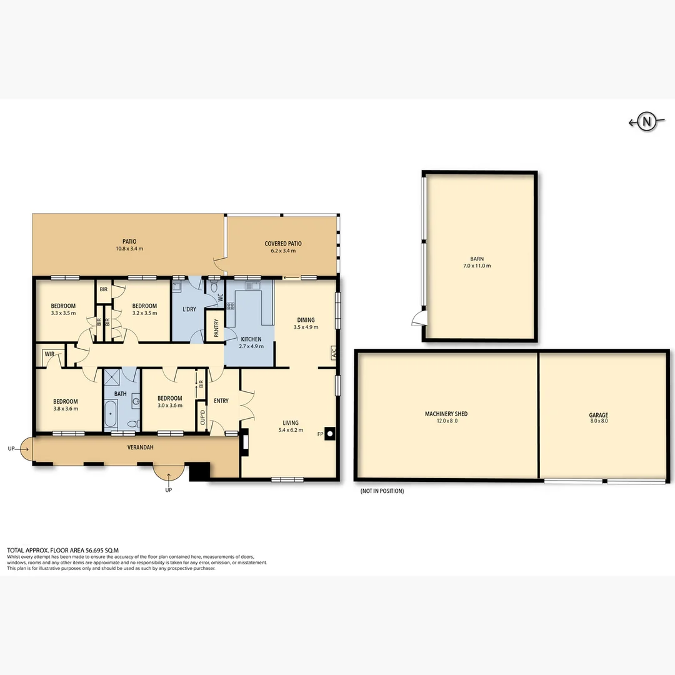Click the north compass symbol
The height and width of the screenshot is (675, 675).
tap(646, 122)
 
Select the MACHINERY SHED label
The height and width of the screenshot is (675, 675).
tap(446, 414)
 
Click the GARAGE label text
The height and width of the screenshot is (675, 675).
tap(598, 415)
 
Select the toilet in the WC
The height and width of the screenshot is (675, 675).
tap(215, 288)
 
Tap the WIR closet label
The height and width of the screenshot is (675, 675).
tap(49, 354)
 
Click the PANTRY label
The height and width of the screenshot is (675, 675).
tap(216, 329)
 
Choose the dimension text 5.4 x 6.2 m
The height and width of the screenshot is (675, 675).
tap(290, 430)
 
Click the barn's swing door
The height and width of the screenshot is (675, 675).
tap(417, 319)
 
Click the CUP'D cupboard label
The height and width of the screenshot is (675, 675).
tap(202, 417)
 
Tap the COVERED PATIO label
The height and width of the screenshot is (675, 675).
tap(283, 244)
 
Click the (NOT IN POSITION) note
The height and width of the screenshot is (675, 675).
tap(382, 491)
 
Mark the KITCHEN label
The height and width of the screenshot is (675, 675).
tap(251, 339)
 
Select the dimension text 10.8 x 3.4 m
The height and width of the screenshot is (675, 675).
tap(129, 249)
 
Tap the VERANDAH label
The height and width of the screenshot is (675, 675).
tap(141, 447)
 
